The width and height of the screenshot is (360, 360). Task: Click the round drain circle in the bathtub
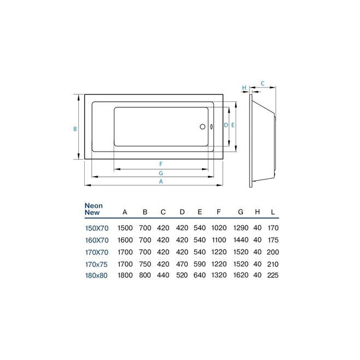tap(202, 126)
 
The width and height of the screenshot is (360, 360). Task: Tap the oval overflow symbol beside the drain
tap(211, 127)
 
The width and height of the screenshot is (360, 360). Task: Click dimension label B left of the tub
tap(75, 129)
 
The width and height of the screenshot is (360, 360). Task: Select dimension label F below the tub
tap(161, 164)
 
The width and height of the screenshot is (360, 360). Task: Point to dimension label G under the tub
tap(161, 173)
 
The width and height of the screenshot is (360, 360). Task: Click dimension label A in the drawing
tap(161, 182)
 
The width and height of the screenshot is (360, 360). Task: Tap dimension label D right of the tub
tap(226, 125)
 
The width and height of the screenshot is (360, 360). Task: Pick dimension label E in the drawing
tap(233, 125)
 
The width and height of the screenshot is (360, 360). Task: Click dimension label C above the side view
tap(263, 83)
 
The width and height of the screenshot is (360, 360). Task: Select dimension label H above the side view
tap(244, 88)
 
